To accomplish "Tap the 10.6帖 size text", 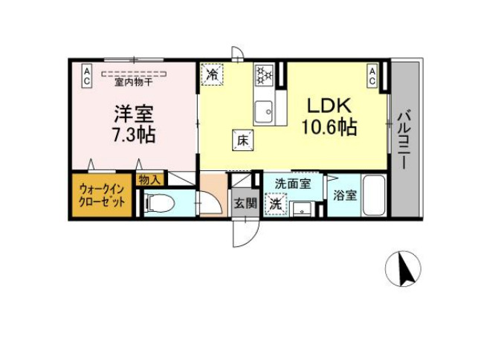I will pyautogui.click(x=329, y=127).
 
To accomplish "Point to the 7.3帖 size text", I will pyautogui.click(x=134, y=136).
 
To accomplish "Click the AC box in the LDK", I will pyautogui.click(x=372, y=75).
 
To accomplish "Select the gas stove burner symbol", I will pyautogui.click(x=264, y=75).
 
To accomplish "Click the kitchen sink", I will pyautogui.click(x=264, y=112).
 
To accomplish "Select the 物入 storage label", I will pyautogui.click(x=147, y=179).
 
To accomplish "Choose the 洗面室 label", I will pyautogui.click(x=287, y=183).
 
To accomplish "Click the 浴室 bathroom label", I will pyautogui.click(x=345, y=196).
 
